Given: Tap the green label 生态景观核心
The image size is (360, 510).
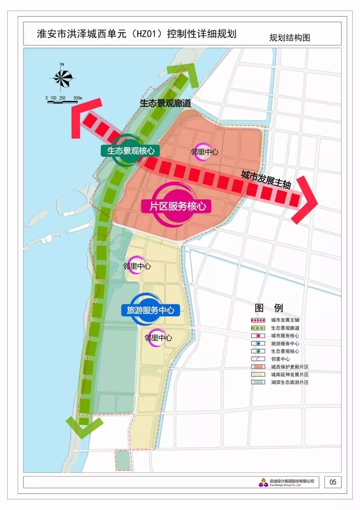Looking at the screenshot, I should [130, 151].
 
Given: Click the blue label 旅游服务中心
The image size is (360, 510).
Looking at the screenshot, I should [150, 310].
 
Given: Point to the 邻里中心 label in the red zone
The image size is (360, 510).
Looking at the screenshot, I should [204, 152].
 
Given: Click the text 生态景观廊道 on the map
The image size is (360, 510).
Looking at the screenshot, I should [165, 103].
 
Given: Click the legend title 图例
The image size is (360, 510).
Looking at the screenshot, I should [268, 308].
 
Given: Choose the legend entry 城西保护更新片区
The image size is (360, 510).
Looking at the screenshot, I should [289, 367].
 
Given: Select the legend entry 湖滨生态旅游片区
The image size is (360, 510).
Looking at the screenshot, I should [289, 382].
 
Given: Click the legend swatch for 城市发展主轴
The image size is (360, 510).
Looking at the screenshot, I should [258, 320].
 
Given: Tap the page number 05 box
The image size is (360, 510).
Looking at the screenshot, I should [333, 482].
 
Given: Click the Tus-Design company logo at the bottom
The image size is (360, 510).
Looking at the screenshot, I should [263, 482].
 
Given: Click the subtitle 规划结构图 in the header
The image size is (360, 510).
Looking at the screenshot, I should [290, 38].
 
